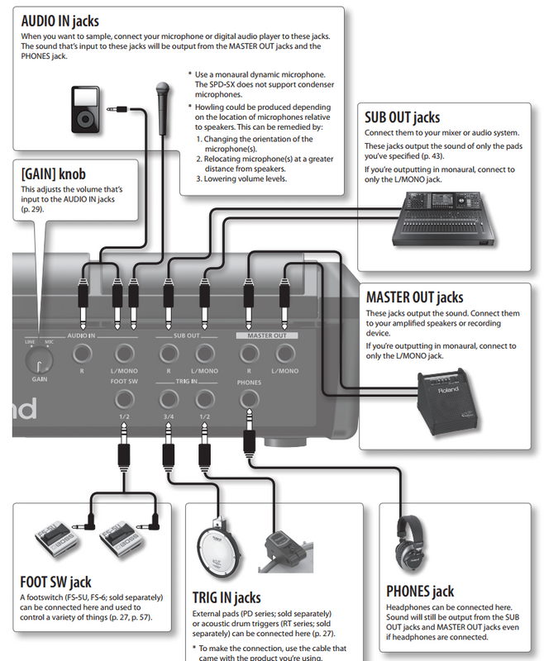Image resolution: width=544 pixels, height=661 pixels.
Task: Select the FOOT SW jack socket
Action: (x=123, y=401)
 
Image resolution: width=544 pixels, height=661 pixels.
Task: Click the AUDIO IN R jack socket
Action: (x=82, y=354)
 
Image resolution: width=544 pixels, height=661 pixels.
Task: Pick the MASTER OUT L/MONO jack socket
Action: (x=284, y=354)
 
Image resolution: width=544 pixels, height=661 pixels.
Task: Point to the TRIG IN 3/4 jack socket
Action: (x=169, y=401)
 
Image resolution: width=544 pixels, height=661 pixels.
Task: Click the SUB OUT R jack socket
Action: (x=169, y=354)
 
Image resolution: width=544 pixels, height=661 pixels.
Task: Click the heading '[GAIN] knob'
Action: (x=54, y=175)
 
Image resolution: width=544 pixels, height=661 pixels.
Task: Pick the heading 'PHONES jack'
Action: (x=420, y=591)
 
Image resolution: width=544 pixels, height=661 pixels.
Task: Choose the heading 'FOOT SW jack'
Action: (x=62, y=582)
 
